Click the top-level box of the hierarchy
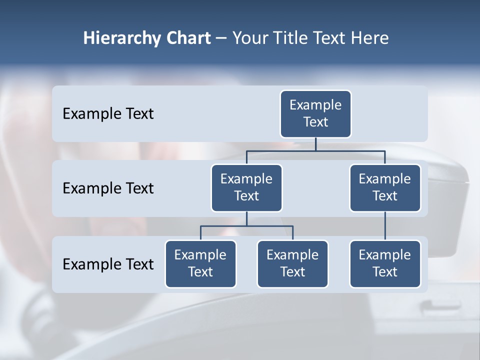coord(315,114)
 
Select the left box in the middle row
coord(246,188)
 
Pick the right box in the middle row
coord(385,188)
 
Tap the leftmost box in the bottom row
coord(200,264)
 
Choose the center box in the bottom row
coord(292,264)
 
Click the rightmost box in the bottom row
coord(385,264)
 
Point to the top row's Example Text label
coord(108,114)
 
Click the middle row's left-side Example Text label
coord(108,188)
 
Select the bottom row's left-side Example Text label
coord(108,264)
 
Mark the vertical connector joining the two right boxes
coord(385,226)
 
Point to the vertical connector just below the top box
coord(315,144)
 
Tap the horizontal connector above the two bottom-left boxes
coord(246,226)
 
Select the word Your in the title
coord(250,38)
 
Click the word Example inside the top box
coord(315,105)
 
